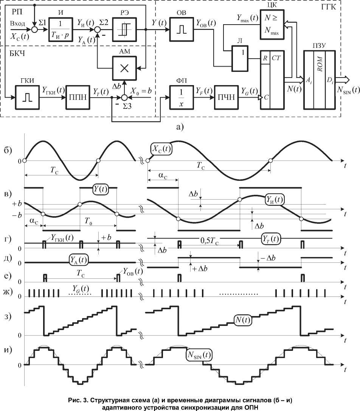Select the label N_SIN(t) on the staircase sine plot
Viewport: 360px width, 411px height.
(x=199, y=355)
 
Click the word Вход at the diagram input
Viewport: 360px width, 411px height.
(x=18, y=23)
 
